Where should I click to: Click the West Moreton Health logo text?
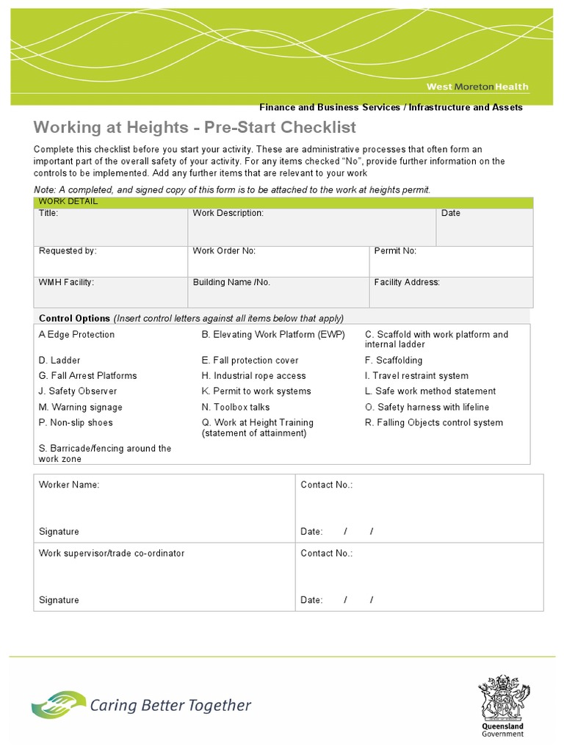477,87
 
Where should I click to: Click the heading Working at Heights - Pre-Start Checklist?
195,127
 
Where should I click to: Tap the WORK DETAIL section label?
68,201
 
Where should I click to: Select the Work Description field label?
228,213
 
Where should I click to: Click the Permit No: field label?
395,250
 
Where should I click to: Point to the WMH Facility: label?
66,282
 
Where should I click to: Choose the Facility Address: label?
407,282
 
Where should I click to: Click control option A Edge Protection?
76,334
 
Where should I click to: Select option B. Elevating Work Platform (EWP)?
272,334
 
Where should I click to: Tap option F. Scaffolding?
394,361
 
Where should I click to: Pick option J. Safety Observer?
77,391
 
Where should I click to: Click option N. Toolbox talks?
235,407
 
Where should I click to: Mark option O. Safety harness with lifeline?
427,407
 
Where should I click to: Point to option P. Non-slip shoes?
76,422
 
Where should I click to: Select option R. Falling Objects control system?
434,422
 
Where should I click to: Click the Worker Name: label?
69,485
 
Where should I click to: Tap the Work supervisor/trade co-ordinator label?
112,553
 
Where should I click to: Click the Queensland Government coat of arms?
503,698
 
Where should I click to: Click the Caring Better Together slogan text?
170,706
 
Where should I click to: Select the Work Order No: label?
224,250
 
